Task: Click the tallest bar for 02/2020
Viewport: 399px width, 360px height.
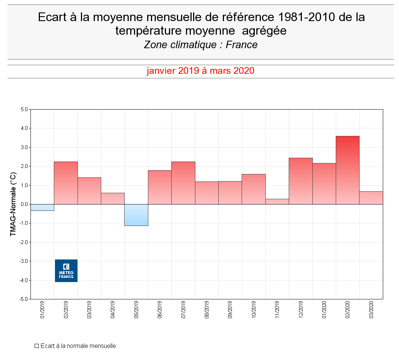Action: pyautogui.click(x=347, y=170)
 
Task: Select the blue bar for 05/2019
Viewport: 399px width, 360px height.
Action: pyautogui.click(x=136, y=215)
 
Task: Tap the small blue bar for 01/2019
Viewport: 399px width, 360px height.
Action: pyautogui.click(x=42, y=207)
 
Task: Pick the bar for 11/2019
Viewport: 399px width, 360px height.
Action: pyautogui.click(x=277, y=201)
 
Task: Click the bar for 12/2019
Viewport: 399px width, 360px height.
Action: pyautogui.click(x=300, y=181)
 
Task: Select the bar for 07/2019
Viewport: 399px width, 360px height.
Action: pyautogui.click(x=183, y=183)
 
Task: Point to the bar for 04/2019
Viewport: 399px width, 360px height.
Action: pyautogui.click(x=113, y=198)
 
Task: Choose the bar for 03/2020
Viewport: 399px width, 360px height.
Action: pyautogui.click(x=371, y=198)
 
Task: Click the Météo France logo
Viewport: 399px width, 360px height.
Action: pyautogui.click(x=66, y=271)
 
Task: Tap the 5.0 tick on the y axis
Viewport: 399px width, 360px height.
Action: pyautogui.click(x=24, y=110)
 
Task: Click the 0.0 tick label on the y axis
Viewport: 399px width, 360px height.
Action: pyautogui.click(x=24, y=204)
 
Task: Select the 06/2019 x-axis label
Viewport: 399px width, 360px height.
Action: pyautogui.click(x=160, y=310)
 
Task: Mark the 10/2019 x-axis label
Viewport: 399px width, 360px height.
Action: pyautogui.click(x=254, y=310)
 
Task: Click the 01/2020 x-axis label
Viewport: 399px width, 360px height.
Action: pyautogui.click(x=324, y=310)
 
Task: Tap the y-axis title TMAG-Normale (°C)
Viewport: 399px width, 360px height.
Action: pyautogui.click(x=13, y=204)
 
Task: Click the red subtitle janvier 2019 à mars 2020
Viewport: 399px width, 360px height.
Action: pyautogui.click(x=200, y=71)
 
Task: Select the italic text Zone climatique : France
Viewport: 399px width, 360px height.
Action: pyautogui.click(x=201, y=45)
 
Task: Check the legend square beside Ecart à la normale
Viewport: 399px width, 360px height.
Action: pyautogui.click(x=37, y=346)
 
